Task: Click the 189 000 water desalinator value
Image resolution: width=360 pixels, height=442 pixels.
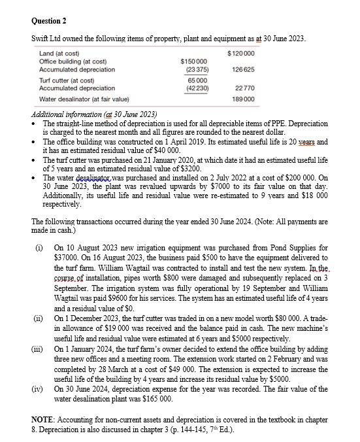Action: click(x=242, y=99)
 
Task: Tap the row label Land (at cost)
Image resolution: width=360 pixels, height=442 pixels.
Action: click(x=59, y=52)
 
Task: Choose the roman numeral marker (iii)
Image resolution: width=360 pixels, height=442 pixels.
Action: click(x=42, y=350)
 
